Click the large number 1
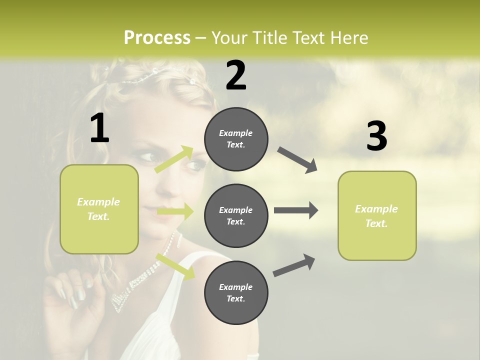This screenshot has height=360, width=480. coord(99,128)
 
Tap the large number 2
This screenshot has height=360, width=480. coord(236,75)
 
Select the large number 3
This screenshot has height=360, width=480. coord(376,136)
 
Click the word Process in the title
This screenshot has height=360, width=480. coord(157,37)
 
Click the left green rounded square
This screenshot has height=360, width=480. coord(99,209)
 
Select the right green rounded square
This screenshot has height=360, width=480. coord(377,215)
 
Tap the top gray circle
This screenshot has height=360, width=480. coord(236,139)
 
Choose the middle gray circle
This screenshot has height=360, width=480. coord(236,215)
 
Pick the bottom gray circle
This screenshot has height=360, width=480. coord(236,292)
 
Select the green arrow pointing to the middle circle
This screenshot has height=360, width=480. coord(175,211)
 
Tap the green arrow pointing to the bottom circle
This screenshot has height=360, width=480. coord(175,266)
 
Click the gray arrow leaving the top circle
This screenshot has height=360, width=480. coord(297,160)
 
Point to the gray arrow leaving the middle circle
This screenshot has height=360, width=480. coord(295,210)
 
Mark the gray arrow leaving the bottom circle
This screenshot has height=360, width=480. coord(294,265)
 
